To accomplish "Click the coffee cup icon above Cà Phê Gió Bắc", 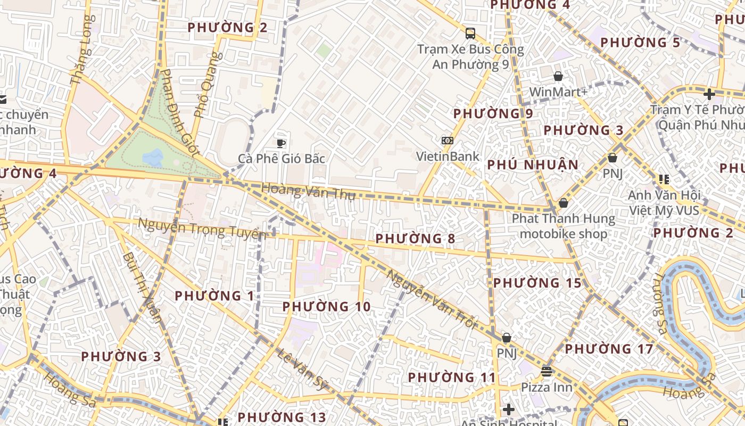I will tap(281, 143).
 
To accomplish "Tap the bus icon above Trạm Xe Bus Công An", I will tap(470, 33).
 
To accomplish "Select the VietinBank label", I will tap(448, 157).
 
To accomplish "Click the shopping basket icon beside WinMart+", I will tap(558, 76).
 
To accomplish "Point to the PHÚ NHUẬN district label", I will tap(533, 165).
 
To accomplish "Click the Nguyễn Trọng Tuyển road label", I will tap(202, 228).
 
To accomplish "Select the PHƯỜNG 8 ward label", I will tap(415, 239).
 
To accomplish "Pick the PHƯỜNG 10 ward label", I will tap(326, 307).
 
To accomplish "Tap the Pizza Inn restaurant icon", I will tap(547, 371).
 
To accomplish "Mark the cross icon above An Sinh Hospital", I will tap(509, 409).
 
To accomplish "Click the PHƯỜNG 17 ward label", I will tap(609, 349).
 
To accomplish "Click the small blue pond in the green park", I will tap(153, 157).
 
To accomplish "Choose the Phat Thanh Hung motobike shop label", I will tap(563, 226).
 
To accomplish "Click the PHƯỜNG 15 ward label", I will tap(537, 283).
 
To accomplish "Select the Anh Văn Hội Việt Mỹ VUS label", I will tap(664, 202).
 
